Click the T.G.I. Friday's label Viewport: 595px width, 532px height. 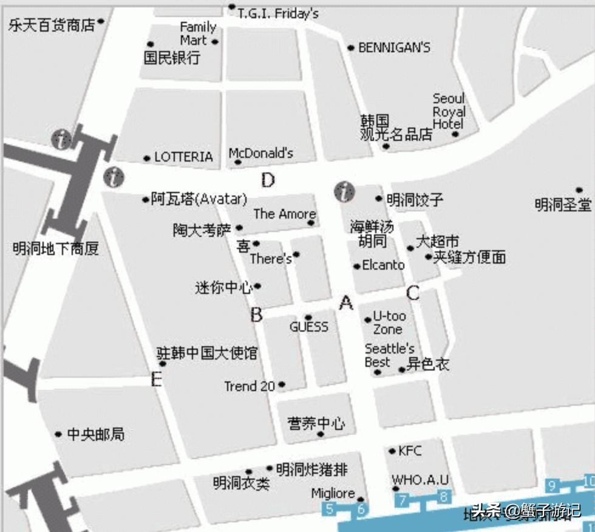click(278, 13)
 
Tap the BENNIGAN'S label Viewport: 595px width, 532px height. click(394, 47)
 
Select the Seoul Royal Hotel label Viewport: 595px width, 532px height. click(449, 111)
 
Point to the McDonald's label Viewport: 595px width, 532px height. click(261, 153)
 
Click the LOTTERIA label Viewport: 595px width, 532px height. click(183, 157)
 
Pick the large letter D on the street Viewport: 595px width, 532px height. click(268, 180)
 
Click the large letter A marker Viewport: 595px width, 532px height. click(346, 302)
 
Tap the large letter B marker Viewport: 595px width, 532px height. click(257, 315)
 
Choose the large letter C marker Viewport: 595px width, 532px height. click(413, 293)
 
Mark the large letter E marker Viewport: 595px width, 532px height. click(157, 380)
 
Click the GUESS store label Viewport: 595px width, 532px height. click(308, 327)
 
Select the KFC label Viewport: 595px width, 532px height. click(410, 451)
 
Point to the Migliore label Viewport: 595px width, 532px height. click(333, 494)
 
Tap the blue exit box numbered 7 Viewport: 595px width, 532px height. click(402, 500)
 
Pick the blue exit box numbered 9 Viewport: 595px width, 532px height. click(552, 485)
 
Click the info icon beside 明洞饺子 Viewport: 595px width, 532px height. click(344, 192)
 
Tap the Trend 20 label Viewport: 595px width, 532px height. click(250, 386)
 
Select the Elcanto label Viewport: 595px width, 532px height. click(383, 265)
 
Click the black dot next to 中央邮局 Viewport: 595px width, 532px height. click(58, 434)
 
